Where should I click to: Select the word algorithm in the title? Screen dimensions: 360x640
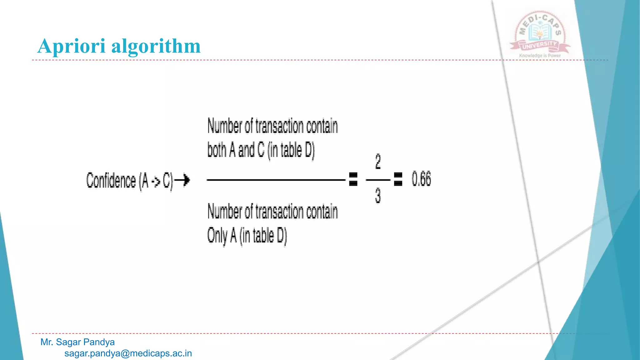[156, 46]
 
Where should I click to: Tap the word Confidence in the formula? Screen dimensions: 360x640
[111, 181]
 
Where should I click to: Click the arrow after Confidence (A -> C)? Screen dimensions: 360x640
[182, 180]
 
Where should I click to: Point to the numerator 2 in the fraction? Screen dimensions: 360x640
[378, 162]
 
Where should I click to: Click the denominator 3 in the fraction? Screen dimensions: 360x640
[378, 196]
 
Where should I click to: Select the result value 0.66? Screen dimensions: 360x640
[421, 179]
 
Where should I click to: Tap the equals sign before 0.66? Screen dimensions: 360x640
[398, 179]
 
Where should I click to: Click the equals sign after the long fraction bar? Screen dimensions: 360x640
[353, 179]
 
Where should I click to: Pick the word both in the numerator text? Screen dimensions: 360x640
[217, 150]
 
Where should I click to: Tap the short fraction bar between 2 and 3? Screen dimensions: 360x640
[378, 180]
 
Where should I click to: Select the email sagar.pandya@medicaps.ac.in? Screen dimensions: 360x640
[128, 353]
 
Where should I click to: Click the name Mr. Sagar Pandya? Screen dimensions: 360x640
[77, 342]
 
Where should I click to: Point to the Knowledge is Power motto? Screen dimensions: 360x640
[540, 56]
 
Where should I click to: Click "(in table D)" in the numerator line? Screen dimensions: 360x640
[291, 150]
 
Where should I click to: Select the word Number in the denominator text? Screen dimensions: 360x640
[225, 212]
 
